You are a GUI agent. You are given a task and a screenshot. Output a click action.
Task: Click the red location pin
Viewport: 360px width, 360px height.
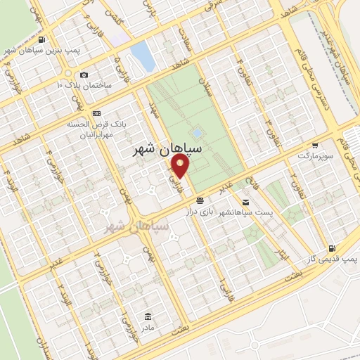(x=181, y=167)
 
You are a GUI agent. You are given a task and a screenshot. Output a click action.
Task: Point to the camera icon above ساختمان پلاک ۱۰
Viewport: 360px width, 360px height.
(x=84, y=75)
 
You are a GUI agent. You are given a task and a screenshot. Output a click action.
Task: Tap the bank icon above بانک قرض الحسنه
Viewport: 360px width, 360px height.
(x=96, y=113)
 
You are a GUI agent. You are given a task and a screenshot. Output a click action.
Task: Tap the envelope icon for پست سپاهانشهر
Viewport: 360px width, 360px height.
(x=245, y=202)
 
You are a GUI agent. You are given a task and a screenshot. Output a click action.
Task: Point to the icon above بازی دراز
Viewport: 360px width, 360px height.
(x=200, y=200)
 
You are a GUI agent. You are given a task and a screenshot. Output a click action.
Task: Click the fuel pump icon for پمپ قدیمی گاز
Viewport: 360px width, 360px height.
(x=331, y=248)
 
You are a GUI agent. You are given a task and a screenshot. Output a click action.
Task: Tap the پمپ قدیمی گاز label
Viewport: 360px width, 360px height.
(x=330, y=259)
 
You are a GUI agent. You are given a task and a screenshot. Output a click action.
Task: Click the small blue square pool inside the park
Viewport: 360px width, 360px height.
(x=197, y=132)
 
